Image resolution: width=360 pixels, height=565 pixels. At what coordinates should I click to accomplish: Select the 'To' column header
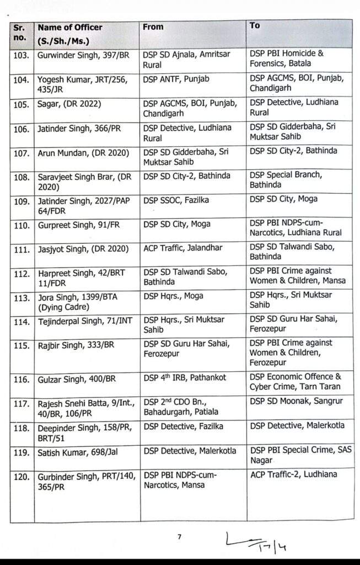tap(255, 25)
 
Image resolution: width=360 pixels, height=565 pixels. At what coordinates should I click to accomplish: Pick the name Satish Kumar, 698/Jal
tap(75, 451)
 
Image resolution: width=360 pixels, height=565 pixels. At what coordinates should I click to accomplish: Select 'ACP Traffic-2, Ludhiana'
tap(293, 475)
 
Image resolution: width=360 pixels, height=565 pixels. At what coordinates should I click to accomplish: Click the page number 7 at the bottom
tap(179, 536)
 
